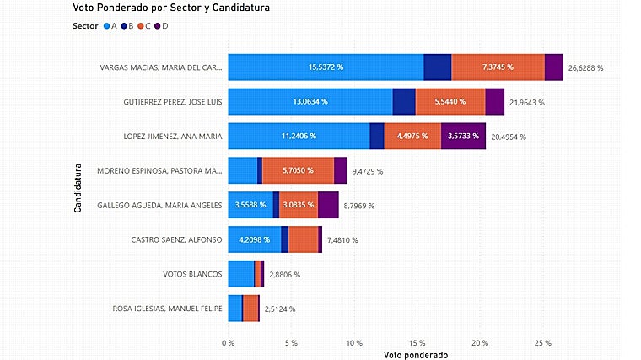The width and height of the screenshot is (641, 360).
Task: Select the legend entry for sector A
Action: coord(110,26)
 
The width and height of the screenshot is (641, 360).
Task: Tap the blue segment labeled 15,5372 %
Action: coord(326,67)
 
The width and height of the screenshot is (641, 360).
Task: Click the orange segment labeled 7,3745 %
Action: coord(498,67)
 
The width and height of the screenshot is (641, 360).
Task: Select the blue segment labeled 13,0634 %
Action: coord(310,101)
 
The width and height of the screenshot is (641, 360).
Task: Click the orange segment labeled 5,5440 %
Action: coord(450,101)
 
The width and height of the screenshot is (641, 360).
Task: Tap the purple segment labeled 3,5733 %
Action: coord(463,136)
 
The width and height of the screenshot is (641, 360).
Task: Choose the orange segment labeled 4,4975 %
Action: coord(412,136)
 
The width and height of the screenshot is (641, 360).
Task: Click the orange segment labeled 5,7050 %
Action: coord(298,170)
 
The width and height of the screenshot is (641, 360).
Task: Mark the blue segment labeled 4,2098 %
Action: coord(255,239)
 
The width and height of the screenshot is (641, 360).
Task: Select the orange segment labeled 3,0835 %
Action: coord(299,205)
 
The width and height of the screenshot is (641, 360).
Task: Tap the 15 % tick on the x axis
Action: coord(417,343)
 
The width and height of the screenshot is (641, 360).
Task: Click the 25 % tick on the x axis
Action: coord(543,343)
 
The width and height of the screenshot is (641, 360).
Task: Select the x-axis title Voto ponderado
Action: coord(415,354)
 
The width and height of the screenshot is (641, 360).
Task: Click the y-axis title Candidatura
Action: coord(78,187)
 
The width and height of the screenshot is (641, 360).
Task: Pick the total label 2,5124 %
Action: coord(279,309)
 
